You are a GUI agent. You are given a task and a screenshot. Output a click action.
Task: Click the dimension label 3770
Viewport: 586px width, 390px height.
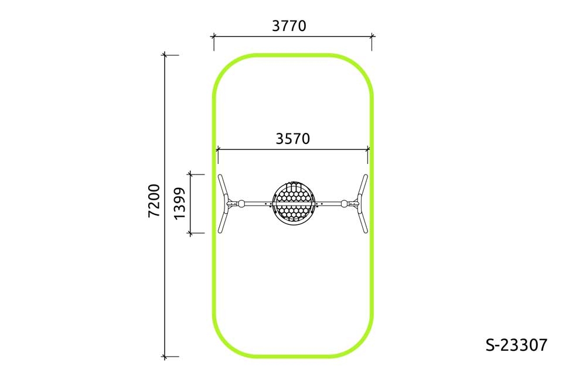(x=289, y=26)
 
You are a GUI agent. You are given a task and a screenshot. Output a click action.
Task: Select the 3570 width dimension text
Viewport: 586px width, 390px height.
(x=292, y=139)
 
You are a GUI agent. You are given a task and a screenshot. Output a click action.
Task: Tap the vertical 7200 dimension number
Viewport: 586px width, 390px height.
(x=154, y=201)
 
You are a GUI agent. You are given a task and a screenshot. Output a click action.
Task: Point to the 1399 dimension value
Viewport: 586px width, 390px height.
(x=180, y=203)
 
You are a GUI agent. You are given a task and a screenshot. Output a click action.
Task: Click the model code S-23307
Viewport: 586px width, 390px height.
(x=516, y=345)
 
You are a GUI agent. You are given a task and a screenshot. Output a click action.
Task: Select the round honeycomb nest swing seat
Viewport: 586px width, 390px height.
(x=293, y=202)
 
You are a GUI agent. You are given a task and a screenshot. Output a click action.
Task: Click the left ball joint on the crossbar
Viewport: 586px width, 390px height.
(x=242, y=204)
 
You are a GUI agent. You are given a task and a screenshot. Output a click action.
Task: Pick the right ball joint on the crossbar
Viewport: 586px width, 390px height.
(x=344, y=204)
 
